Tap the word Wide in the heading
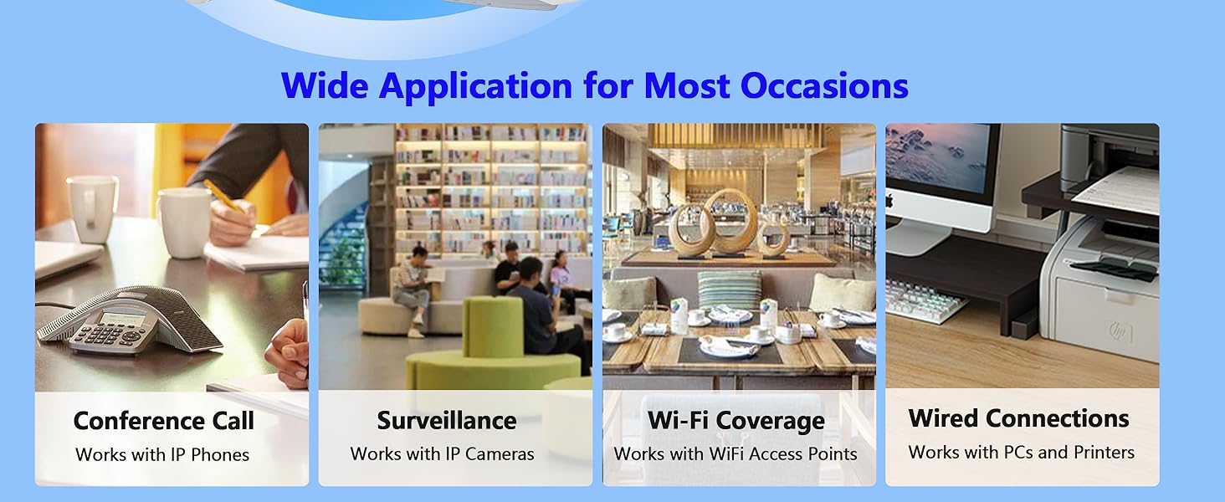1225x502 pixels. [x=325, y=85]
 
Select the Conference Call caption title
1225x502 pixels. [x=163, y=421]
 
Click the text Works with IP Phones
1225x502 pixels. [x=162, y=454]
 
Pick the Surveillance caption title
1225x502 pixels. [x=447, y=420]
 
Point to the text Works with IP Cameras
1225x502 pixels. [x=443, y=453]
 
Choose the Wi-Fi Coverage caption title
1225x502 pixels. [x=736, y=420]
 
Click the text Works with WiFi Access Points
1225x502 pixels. [x=736, y=453]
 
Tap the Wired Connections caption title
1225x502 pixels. [x=1019, y=418]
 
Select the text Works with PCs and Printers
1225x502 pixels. [x=1022, y=452]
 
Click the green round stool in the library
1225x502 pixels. [x=492, y=345]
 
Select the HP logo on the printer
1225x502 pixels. [x=1120, y=330]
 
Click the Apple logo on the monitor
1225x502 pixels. [x=889, y=201]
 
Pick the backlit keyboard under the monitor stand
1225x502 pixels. [x=925, y=300]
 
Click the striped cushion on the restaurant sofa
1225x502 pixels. [x=730, y=289]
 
